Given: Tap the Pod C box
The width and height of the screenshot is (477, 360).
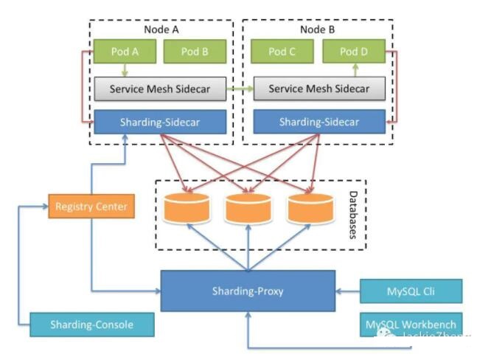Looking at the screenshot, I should [x=281, y=52].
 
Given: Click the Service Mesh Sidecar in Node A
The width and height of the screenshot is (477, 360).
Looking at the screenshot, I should [x=160, y=89].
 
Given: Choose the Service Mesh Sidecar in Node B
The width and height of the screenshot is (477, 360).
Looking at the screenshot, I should [x=318, y=89].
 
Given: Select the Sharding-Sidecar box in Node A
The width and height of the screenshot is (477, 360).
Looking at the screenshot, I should [x=160, y=122].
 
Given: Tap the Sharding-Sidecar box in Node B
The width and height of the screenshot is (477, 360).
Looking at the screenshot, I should [x=318, y=122].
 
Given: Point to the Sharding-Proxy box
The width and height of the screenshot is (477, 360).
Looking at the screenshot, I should [x=248, y=291].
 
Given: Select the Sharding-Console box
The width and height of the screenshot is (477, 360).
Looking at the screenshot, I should [x=92, y=325].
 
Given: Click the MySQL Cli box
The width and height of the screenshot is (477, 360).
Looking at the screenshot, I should [x=411, y=291].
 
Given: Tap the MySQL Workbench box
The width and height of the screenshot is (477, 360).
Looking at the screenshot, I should [x=411, y=325].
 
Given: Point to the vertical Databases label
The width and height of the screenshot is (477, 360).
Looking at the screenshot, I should [x=354, y=214].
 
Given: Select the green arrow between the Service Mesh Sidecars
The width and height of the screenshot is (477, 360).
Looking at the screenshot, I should [x=239, y=89].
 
